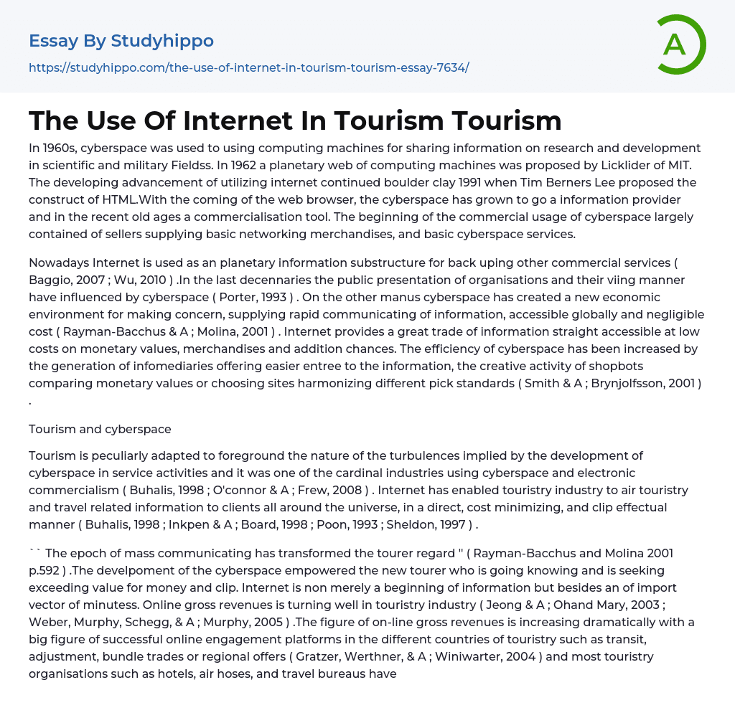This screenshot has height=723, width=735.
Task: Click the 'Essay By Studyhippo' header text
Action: (121, 41)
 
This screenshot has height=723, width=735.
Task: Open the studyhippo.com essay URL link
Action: (248, 67)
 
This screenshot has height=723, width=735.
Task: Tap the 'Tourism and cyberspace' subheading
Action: (100, 429)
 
